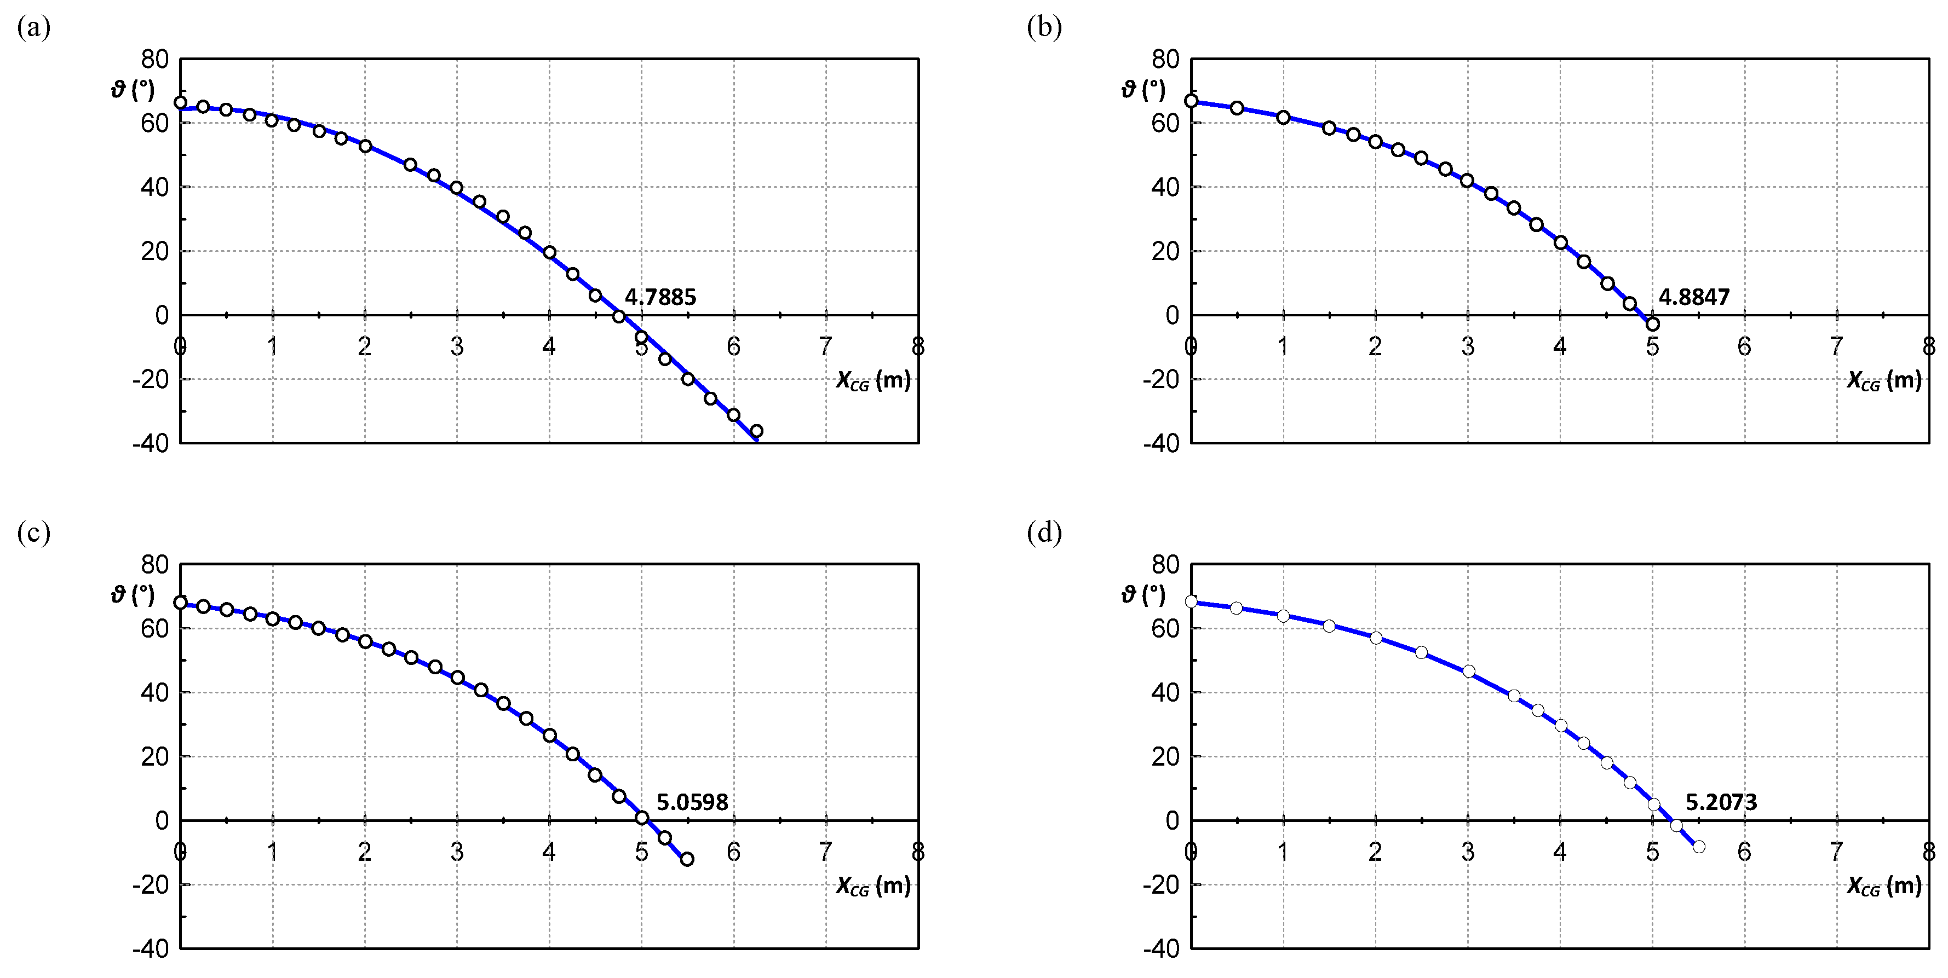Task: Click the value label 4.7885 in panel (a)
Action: click(x=660, y=297)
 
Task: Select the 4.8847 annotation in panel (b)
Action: click(x=1694, y=297)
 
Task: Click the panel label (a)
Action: click(x=33, y=28)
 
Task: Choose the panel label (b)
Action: click(x=1044, y=28)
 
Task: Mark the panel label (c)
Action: click(x=33, y=533)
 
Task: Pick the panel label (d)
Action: click(x=1044, y=533)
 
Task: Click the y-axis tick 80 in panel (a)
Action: click(x=155, y=59)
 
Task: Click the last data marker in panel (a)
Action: click(x=756, y=431)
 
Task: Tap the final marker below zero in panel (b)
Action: click(x=1652, y=323)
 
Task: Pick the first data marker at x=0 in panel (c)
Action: click(x=180, y=603)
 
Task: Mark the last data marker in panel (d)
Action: click(x=1698, y=847)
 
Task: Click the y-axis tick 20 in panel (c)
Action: click(x=155, y=756)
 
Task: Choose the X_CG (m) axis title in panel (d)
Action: click(x=1884, y=886)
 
